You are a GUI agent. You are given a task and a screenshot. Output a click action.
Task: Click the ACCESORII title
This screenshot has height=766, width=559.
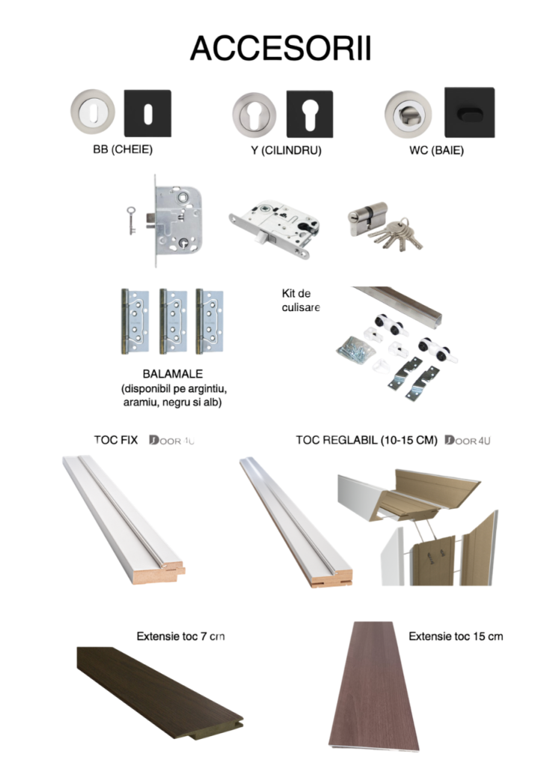coord(281,48)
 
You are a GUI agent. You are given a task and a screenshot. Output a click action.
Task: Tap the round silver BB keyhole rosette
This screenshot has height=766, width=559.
coord(93,112)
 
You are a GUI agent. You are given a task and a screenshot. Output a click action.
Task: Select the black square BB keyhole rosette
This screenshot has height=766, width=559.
coord(147,114)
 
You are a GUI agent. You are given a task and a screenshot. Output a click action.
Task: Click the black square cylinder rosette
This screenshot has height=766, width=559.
coord(310,114)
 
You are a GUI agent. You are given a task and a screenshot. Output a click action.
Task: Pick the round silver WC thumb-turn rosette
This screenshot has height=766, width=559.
coord(408,114)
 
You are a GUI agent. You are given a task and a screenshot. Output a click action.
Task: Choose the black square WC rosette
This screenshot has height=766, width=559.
coord(470,113)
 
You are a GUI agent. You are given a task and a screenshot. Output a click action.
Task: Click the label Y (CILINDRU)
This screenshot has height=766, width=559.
coord(287,150)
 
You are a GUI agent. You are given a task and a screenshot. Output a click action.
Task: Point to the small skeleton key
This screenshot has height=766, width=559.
coord(131,221)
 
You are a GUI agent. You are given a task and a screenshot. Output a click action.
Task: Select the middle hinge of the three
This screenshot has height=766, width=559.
coord(173,321)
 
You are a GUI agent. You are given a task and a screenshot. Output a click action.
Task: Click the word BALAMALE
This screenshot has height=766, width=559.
coord(172,374)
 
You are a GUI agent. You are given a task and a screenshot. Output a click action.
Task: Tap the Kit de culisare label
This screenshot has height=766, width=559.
coord(301,301)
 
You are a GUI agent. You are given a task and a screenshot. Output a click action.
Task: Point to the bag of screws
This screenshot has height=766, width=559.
coord(356,349)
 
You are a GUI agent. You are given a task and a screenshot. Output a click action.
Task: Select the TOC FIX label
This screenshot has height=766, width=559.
coord(116,440)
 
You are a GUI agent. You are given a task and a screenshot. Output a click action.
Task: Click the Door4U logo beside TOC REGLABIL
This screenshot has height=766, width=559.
coord(467,440)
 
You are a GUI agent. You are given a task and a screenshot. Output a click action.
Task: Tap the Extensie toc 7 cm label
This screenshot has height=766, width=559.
coord(181,636)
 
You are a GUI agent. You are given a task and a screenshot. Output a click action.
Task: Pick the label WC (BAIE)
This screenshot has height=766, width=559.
coord(436,150)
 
